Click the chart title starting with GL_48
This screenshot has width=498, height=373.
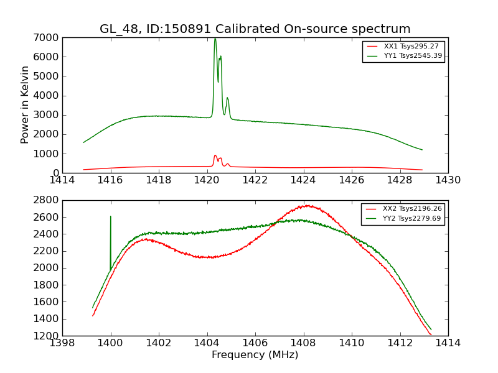click(x=255, y=29)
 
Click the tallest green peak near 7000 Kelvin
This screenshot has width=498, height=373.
click(x=215, y=39)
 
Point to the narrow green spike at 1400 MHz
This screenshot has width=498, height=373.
click(x=111, y=217)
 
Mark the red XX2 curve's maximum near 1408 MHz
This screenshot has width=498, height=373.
click(x=306, y=205)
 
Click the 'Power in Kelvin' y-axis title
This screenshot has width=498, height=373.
click(x=25, y=104)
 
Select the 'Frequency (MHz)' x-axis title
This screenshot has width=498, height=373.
click(x=255, y=355)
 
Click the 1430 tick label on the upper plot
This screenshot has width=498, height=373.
click(x=448, y=181)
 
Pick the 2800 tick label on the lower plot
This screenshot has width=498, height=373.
click(x=47, y=200)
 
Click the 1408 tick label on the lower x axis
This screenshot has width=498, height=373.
click(x=303, y=343)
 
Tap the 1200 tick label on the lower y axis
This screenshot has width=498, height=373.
click(x=47, y=336)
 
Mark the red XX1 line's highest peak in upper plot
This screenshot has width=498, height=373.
click(x=215, y=155)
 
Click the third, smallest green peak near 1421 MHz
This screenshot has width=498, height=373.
click(x=227, y=98)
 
